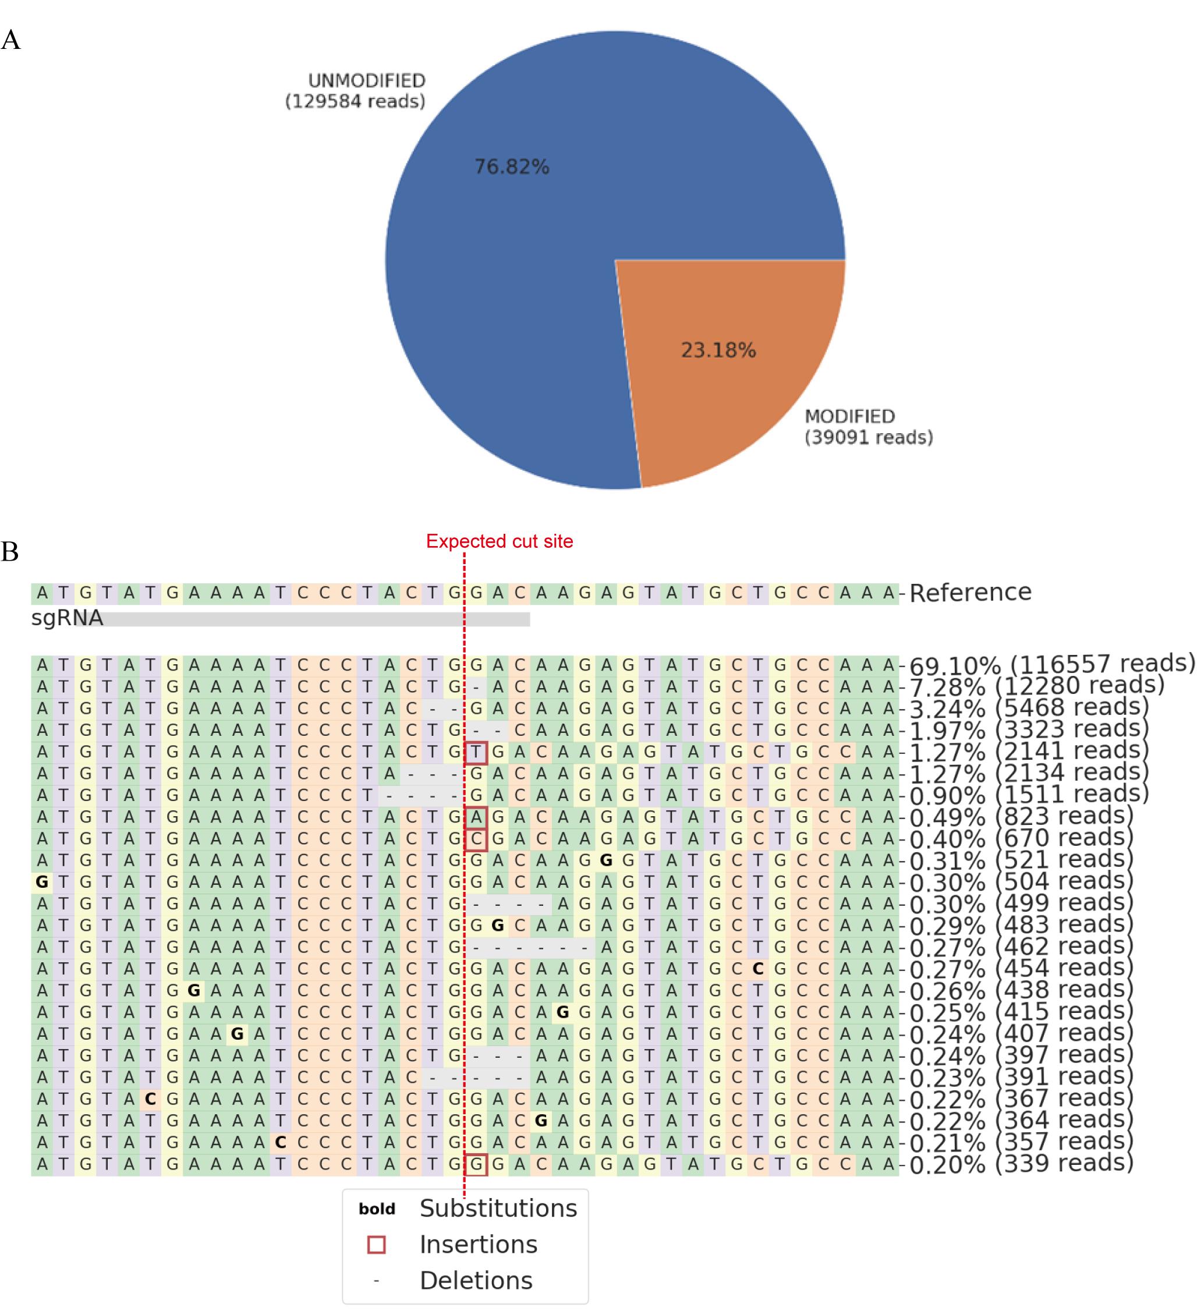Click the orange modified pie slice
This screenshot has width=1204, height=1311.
(x=723, y=365)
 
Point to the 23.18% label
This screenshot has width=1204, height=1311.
(x=718, y=350)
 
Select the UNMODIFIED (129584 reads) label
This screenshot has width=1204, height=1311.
(x=356, y=91)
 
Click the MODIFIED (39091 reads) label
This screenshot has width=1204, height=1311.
(x=869, y=427)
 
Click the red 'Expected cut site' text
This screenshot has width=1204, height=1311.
(x=500, y=541)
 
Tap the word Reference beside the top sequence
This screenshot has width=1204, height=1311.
(x=970, y=592)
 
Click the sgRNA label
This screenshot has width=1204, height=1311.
(x=67, y=618)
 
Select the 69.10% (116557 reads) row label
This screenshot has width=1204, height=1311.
(x=1052, y=665)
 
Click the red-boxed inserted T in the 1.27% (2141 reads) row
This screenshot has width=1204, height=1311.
(x=476, y=753)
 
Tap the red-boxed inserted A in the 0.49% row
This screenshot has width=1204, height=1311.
(x=476, y=817)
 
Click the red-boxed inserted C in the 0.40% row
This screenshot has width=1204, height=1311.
(x=476, y=839)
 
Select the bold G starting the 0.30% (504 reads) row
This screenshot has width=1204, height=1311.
(x=43, y=883)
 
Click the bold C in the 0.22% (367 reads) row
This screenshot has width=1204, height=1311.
(x=150, y=1099)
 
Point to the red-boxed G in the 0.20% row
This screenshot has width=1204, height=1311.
(x=476, y=1164)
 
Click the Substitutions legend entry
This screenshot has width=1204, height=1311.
(x=498, y=1209)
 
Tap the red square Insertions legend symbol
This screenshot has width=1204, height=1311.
(x=377, y=1245)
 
